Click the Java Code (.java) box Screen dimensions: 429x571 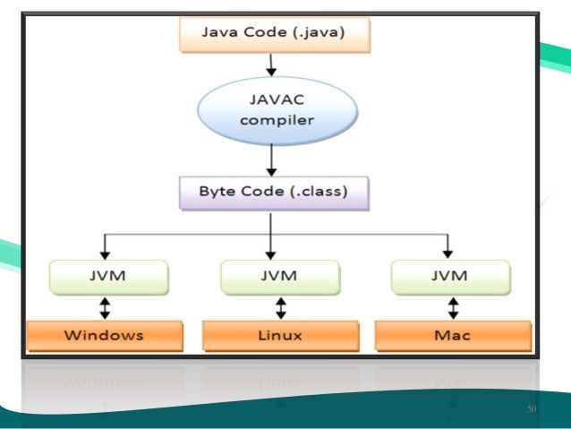273,36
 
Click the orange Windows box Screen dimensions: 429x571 104,336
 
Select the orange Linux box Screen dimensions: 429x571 279,336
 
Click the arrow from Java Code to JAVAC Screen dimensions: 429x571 268,64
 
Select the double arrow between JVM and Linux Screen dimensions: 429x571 280,307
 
